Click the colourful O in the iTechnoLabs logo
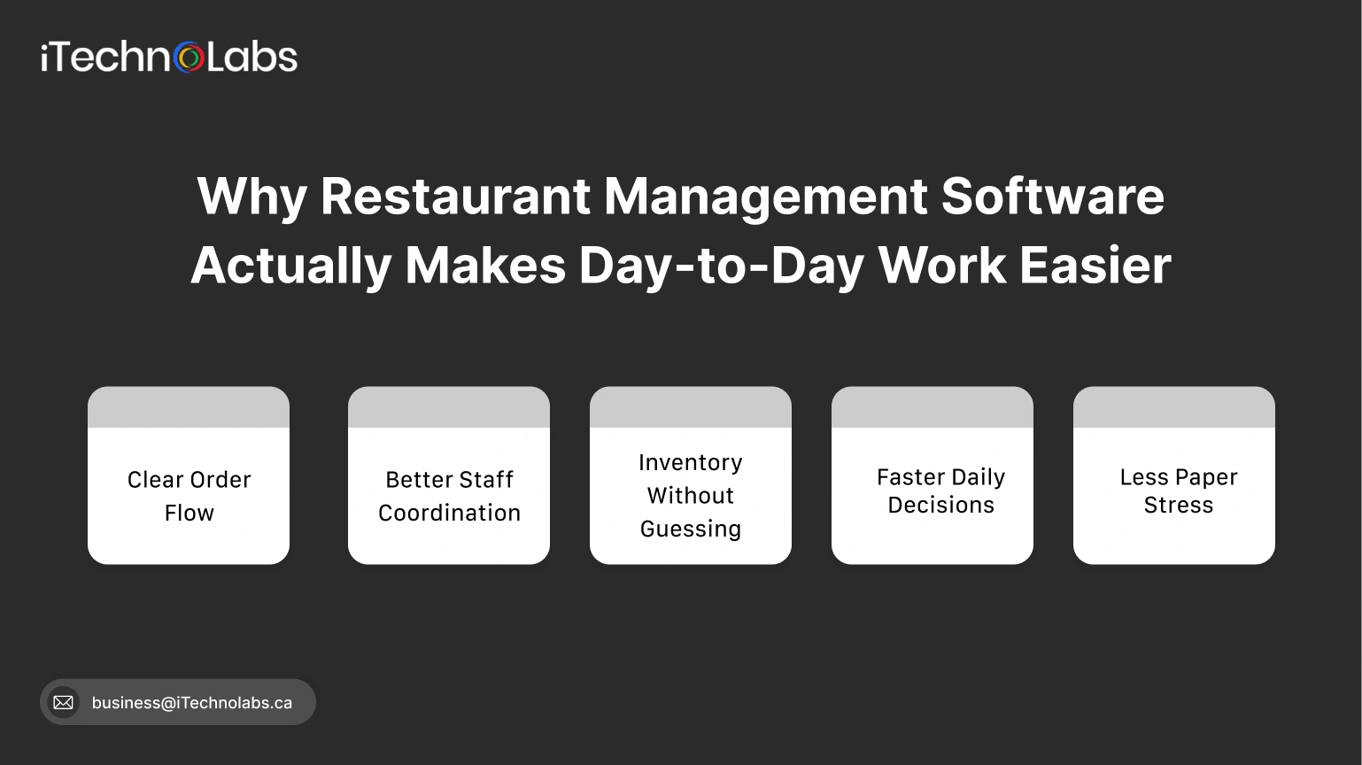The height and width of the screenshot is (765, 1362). tap(189, 58)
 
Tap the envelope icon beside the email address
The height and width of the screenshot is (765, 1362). tap(63, 702)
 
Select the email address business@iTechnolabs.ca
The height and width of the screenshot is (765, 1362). tap(191, 703)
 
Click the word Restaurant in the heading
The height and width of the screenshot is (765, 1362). tap(455, 196)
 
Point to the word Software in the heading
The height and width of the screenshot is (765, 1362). tap(1052, 196)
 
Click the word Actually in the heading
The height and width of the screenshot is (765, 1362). tap(290, 266)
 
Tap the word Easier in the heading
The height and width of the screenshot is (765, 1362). tap(1095, 266)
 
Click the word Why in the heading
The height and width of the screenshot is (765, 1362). tap(252, 196)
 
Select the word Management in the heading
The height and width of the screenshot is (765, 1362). tap(765, 196)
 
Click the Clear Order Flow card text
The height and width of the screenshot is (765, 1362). tap(189, 496)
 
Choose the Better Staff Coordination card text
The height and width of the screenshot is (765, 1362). tap(449, 496)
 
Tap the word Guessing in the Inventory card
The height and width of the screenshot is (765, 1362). tap(691, 529)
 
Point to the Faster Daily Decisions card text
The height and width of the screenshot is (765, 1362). tap(940, 491)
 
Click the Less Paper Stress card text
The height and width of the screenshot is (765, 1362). tap(1178, 491)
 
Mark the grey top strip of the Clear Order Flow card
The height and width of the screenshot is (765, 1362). tap(189, 407)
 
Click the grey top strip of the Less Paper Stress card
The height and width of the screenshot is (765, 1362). tap(1174, 407)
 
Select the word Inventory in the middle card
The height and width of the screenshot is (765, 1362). tap(691, 462)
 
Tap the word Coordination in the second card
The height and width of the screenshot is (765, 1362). tap(449, 513)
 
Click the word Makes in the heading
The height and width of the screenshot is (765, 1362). tap(484, 266)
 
